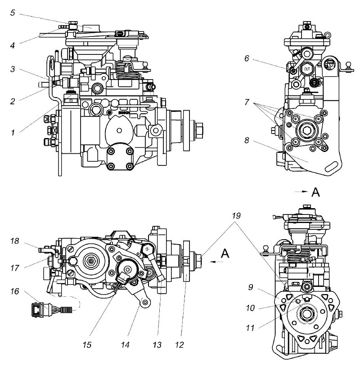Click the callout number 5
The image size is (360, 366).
click(13, 13)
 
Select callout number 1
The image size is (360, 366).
click(13, 133)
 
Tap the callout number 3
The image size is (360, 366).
click(13, 69)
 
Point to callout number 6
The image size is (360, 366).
click(247, 58)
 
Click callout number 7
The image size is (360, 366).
click(247, 102)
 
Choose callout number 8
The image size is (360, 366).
click(247, 140)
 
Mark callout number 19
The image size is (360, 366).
click(236, 216)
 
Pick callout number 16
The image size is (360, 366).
click(14, 291)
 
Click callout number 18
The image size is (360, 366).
click(14, 241)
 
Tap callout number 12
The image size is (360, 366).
click(180, 344)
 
